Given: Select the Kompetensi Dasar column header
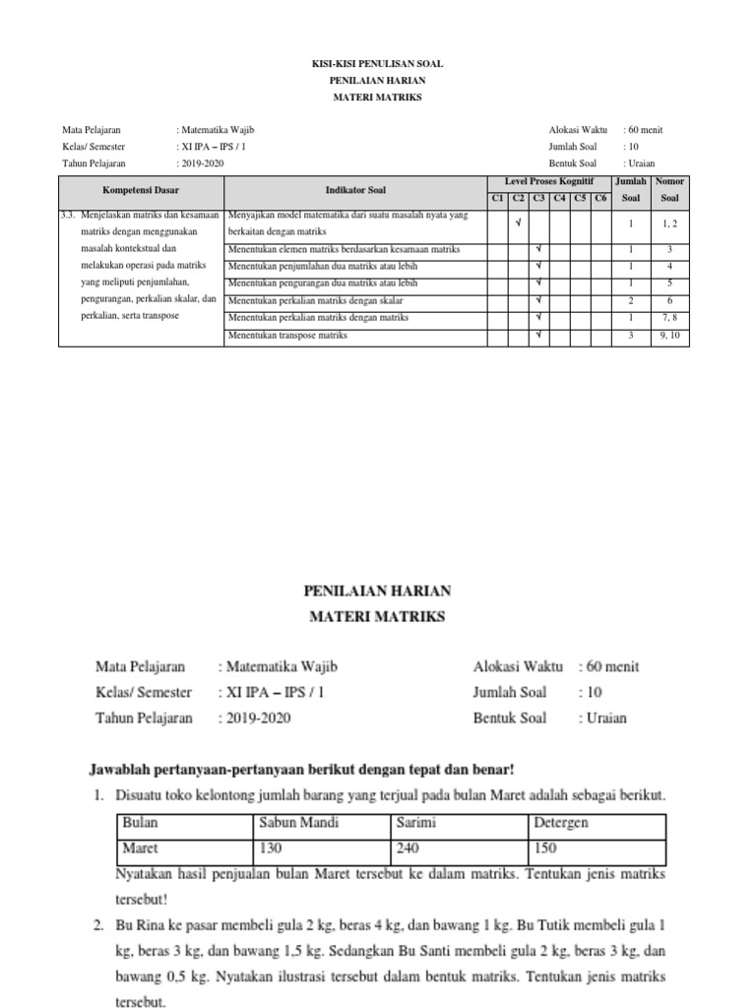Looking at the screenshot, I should click(141, 188).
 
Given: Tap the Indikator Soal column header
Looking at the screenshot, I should click(355, 188).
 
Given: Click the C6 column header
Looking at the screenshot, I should click(599, 198).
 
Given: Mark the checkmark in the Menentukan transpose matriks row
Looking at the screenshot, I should click(539, 336).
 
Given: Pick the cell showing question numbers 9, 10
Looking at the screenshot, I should click(669, 336).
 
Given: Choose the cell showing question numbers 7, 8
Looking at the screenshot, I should click(669, 318).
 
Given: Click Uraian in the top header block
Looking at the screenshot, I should click(641, 163).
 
